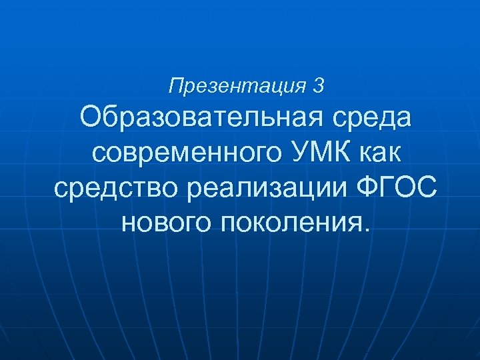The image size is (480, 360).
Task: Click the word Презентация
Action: tap(237, 86)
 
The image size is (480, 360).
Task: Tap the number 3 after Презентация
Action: tap(319, 85)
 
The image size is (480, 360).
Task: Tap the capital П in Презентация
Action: tap(176, 85)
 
